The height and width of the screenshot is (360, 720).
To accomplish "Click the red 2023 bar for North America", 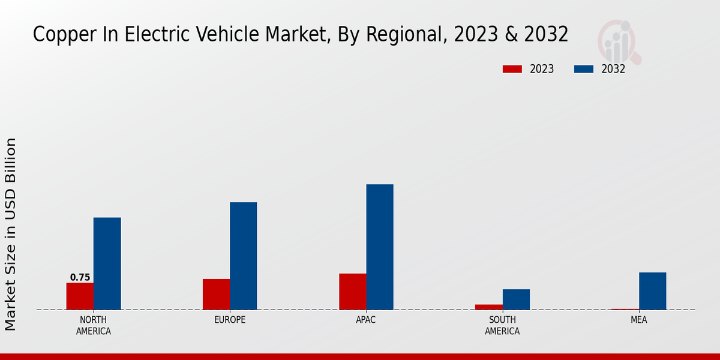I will point(80,296).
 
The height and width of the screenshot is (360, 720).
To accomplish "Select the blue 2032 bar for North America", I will point(107,263).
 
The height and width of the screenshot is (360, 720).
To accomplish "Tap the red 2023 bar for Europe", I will point(216,295).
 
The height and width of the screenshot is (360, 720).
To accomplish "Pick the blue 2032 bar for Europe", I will point(243,256).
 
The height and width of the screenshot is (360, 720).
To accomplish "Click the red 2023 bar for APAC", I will point(353,292).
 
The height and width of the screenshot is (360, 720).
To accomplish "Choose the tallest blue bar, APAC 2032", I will point(380,247).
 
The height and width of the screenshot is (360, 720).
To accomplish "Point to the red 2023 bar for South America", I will point(489,307).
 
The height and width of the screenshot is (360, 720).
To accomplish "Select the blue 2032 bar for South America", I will point(516,299).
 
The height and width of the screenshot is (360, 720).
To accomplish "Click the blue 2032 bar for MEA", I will point(652,291).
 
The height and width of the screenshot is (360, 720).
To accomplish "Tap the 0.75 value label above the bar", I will point(80,277).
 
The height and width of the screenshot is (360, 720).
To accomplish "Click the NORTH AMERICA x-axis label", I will point(94,325).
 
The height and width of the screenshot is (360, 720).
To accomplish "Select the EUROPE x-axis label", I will point(230,320).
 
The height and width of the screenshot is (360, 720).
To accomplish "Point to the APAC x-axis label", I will point(366,320).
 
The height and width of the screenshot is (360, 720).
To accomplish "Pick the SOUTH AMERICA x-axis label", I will point(502,325).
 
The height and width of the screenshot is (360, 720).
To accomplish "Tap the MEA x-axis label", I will point(638,320).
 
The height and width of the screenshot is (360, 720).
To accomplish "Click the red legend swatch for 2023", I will point(512,69).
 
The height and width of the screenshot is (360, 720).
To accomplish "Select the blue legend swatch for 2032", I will point(583,69).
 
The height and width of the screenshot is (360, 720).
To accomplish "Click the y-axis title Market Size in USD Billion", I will point(11,234).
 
